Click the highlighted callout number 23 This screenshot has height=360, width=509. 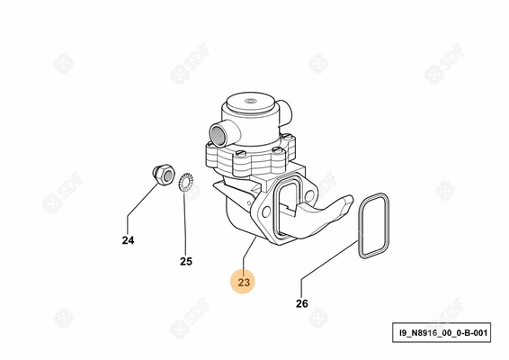tap(245, 282)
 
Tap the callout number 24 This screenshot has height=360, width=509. tap(128, 240)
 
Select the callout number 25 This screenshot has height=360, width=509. tap(185, 262)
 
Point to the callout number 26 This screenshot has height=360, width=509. tap(301, 303)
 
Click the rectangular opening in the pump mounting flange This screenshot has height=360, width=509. tap(289, 208)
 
